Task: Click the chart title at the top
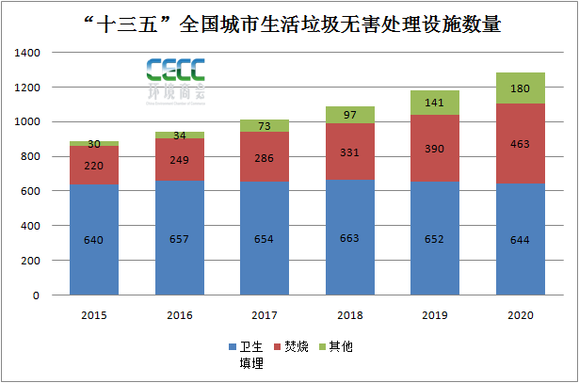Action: [x=289, y=24]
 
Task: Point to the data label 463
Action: [x=521, y=145]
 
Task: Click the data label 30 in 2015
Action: [x=93, y=144]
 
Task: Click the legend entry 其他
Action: [x=341, y=347]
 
